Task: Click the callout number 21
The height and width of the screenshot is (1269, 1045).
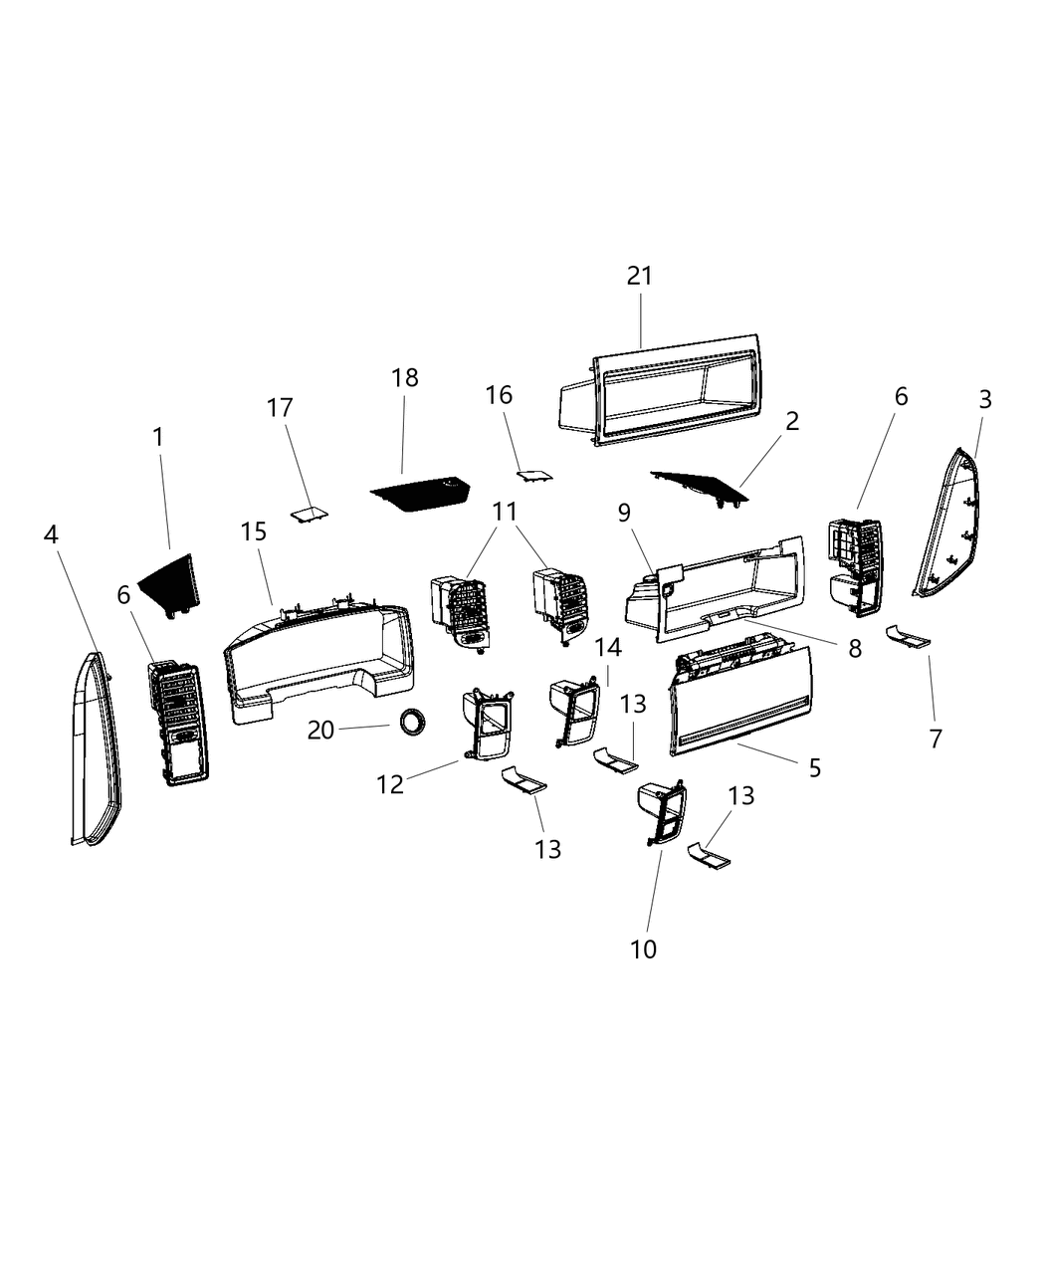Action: [x=639, y=276]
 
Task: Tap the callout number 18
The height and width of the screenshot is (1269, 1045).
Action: [x=405, y=378]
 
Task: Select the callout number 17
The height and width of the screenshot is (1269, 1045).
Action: [x=280, y=407]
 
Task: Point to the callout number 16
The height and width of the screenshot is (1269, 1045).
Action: [x=499, y=395]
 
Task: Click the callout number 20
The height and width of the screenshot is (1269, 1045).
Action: [x=320, y=731]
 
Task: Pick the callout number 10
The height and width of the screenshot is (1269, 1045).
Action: [x=644, y=949]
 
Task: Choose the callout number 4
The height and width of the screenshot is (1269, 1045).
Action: [x=51, y=534]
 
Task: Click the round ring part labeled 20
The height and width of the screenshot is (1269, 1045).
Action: [x=411, y=721]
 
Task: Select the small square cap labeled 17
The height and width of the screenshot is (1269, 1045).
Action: [x=310, y=512]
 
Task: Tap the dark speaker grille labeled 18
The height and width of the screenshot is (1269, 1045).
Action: [x=422, y=492]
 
